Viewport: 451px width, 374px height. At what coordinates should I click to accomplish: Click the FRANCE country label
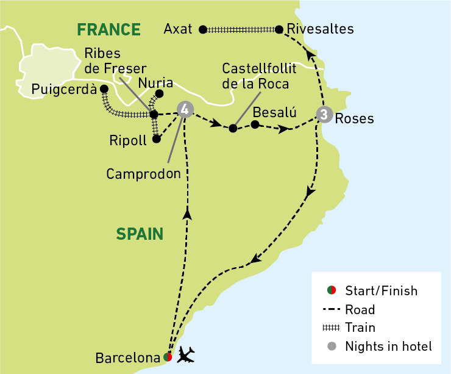tap(108, 29)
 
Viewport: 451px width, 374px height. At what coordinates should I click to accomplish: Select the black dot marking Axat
tap(203, 29)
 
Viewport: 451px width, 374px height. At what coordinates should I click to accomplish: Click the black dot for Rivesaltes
tap(279, 29)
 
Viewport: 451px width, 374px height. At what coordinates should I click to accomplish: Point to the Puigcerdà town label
tap(63, 90)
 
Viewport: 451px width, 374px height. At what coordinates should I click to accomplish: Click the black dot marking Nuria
tap(160, 94)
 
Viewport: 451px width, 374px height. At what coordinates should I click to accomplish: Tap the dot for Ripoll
tap(157, 139)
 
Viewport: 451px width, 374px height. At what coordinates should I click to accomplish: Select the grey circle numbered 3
tap(324, 114)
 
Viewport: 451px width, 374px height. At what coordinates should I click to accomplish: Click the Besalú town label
tap(274, 112)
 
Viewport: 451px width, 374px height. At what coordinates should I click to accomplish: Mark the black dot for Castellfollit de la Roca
tap(232, 129)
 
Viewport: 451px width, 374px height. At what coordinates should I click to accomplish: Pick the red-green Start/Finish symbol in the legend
tap(332, 291)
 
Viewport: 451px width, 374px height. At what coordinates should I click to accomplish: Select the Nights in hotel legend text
tap(388, 347)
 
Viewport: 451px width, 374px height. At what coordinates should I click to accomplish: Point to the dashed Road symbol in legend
tap(332, 309)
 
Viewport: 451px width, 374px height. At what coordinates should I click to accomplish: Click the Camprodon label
tap(144, 174)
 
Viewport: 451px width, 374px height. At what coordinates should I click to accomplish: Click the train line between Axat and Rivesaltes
tap(241, 29)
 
